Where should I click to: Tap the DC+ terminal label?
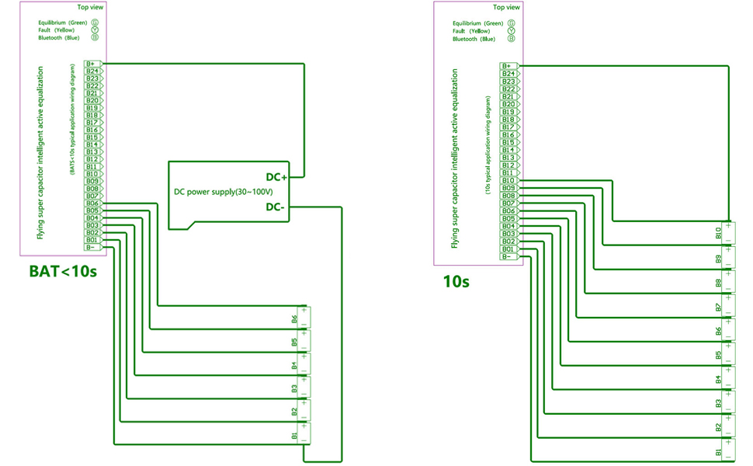pyautogui.click(x=276, y=177)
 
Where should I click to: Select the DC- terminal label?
pyautogui.click(x=276, y=207)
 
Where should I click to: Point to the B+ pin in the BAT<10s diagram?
pyautogui.click(x=92, y=64)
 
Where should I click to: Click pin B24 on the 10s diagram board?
pyautogui.click(x=509, y=74)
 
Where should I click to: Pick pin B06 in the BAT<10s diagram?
pyautogui.click(x=92, y=203)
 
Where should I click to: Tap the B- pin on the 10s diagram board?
pyautogui.click(x=508, y=256)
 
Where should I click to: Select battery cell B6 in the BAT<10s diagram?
pyautogui.click(x=300, y=318)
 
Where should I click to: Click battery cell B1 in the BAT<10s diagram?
pyautogui.click(x=300, y=435)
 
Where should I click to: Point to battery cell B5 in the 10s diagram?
pyautogui.click(x=724, y=355)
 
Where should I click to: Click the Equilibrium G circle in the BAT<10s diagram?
pyautogui.click(x=95, y=23)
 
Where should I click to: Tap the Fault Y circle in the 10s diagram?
pyautogui.click(x=511, y=31)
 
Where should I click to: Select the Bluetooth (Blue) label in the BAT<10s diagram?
pyautogui.click(x=59, y=38)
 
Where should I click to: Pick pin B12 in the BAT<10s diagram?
pyautogui.click(x=92, y=159)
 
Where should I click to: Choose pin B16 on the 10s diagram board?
pyautogui.click(x=509, y=134)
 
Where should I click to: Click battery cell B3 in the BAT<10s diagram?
pyautogui.click(x=300, y=388)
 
